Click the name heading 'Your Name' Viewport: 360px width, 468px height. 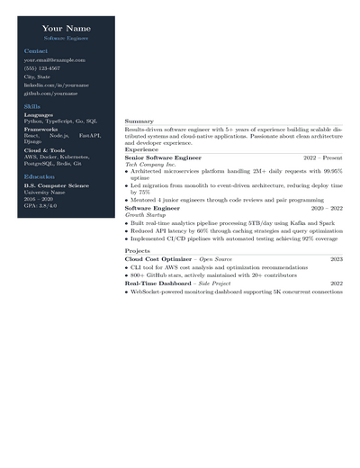tap(66, 29)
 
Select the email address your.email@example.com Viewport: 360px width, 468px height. tap(54, 60)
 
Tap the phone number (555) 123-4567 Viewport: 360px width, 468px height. tap(42, 68)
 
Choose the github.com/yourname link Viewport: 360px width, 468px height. tap(50, 93)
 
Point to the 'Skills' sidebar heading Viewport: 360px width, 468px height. tap(32, 106)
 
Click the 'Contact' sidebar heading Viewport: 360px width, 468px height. tap(36, 51)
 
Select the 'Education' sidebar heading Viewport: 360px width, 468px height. tap(40, 176)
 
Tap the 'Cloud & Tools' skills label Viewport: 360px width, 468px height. tap(45, 150)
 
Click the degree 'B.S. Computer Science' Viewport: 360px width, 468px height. tap(57, 185)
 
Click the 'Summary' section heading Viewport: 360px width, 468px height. tap(139, 121)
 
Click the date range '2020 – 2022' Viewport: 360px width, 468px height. tap(327, 208)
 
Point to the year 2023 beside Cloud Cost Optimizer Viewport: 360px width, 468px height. tap(336, 259)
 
